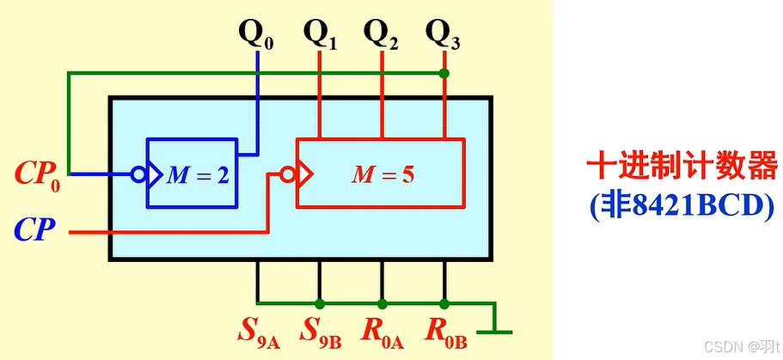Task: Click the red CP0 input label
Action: coord(39,174)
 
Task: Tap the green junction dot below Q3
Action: coord(444,74)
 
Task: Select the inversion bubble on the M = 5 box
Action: coord(290,174)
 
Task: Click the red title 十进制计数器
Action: coord(682,167)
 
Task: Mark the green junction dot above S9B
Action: coord(320,303)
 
